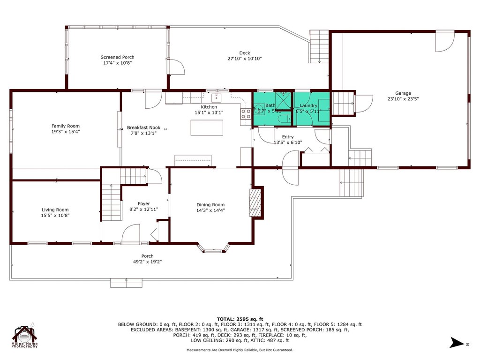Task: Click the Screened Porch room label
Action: click(x=117, y=57)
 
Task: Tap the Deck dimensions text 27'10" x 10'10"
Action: click(x=244, y=59)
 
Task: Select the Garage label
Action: click(x=403, y=93)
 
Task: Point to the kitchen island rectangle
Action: click(x=207, y=127)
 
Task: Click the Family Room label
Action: click(x=65, y=126)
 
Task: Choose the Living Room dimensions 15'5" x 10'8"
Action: click(x=55, y=216)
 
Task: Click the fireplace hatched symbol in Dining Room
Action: click(x=256, y=202)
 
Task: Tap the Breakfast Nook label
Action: click(x=143, y=127)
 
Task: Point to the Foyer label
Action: click(x=143, y=203)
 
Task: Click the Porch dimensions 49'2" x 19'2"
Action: click(x=148, y=262)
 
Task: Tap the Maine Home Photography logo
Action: click(x=25, y=336)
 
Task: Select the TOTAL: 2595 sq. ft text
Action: click(x=240, y=318)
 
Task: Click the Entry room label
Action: click(x=287, y=136)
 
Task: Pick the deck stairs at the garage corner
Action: click(x=320, y=46)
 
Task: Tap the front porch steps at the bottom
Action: click(x=126, y=283)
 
